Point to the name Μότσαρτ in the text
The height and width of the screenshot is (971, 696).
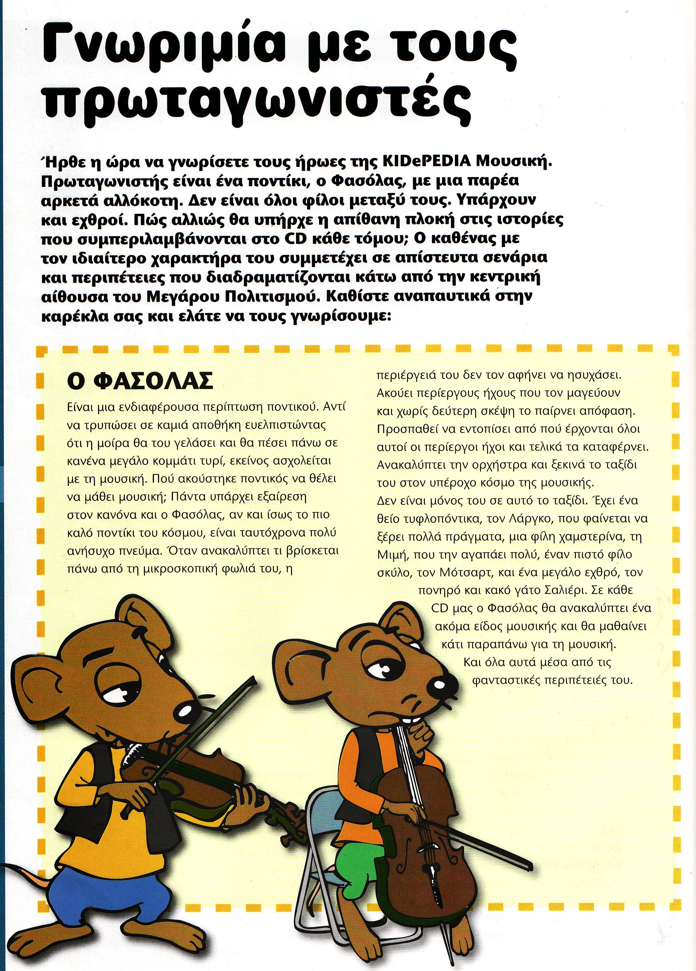(465, 572)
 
